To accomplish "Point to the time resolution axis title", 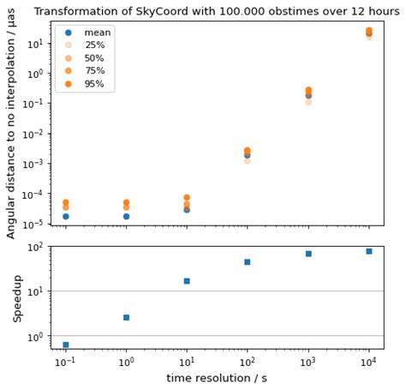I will (218, 378).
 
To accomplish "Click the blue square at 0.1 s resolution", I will (66, 345).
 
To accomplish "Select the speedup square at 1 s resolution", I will (126, 317).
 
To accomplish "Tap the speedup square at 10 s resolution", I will (187, 281).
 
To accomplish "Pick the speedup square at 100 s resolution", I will (248, 262).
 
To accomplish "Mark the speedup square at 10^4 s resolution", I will (368, 251).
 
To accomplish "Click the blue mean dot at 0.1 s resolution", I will (66, 217).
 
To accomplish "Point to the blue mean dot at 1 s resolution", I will (126, 217).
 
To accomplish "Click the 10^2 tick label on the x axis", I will (248, 362).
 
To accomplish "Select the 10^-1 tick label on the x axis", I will (66, 362).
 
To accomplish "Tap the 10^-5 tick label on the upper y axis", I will (34, 225).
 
